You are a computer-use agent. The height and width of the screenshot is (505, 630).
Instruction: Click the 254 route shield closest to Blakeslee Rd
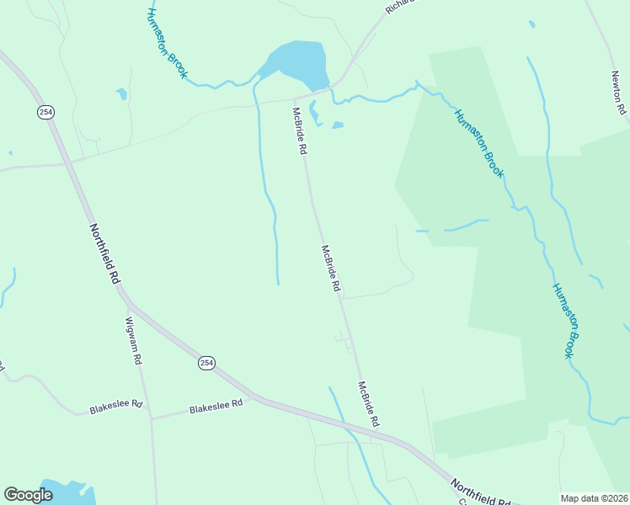(x=206, y=363)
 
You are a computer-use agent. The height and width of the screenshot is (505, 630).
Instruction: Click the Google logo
(x=29, y=495)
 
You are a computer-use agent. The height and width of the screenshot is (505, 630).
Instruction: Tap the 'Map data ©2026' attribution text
(x=595, y=498)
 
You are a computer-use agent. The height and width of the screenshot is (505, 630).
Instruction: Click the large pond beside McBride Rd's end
(x=297, y=62)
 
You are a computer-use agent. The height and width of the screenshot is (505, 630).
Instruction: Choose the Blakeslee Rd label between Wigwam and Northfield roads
(x=216, y=405)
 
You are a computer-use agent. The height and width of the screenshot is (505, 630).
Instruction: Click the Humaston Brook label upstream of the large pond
(x=167, y=43)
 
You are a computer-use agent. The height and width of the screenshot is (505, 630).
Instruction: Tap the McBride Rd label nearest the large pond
(x=298, y=130)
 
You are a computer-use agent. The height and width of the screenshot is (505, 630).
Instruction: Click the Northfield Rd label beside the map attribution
(x=481, y=492)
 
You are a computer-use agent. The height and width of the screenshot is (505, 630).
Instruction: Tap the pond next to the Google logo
(x=63, y=492)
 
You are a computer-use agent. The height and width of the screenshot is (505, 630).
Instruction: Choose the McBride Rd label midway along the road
(x=330, y=268)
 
